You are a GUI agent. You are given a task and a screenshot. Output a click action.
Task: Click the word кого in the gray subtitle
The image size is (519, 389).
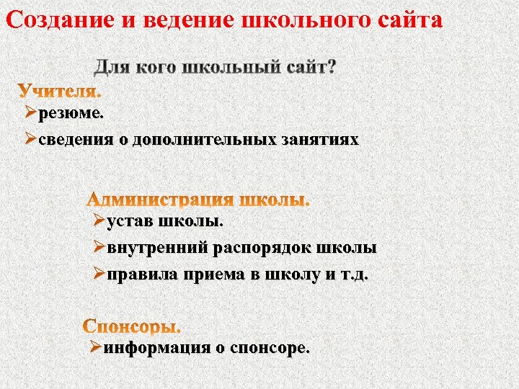coord(154,68)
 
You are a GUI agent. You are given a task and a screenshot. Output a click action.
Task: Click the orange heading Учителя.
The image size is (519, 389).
coord(60,92)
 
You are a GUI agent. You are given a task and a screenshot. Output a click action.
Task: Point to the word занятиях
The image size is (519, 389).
coord(319,139)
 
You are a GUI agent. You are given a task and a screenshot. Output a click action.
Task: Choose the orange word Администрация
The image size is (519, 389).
coord(160,200)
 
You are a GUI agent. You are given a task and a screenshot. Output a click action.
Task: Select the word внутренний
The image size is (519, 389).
coord(156,248)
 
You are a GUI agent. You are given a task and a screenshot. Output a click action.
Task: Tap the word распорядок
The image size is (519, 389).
coord(262,248)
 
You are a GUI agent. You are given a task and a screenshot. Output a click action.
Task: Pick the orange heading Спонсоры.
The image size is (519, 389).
coord(132,326)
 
